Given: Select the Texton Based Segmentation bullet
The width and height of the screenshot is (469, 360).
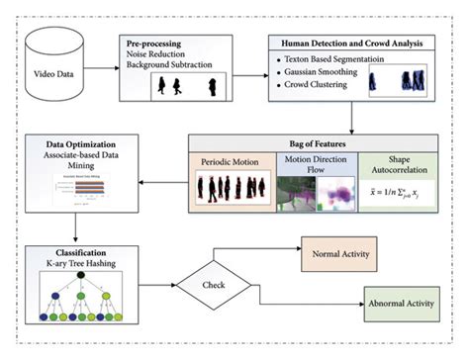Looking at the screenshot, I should coord(341,63).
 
